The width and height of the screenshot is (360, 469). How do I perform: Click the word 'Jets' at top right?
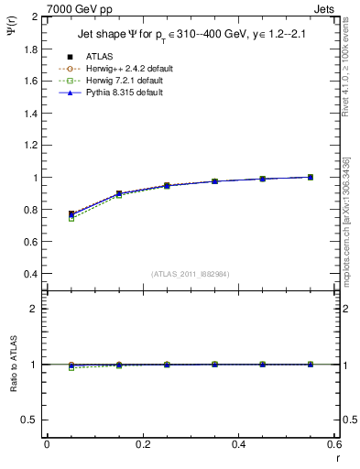(x=324, y=7)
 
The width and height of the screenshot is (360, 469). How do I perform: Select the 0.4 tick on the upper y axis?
(x=31, y=274)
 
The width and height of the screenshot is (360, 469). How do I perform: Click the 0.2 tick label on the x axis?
(x=143, y=444)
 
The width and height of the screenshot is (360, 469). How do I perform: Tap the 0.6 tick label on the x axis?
(x=334, y=444)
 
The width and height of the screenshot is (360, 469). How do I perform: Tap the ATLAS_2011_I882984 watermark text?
(x=191, y=274)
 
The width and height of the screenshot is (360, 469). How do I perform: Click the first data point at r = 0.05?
(x=71, y=214)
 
